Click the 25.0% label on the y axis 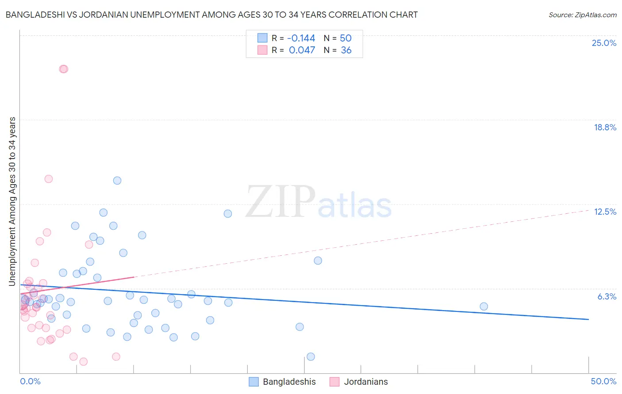click(x=604, y=43)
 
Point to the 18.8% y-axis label click(x=605, y=127)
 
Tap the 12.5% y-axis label click(x=605, y=212)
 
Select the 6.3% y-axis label click(x=607, y=296)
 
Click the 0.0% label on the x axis click(x=30, y=381)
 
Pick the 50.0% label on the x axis click(x=603, y=381)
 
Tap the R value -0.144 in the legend click(x=301, y=38)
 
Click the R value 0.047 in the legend click(x=302, y=50)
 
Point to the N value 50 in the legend click(x=346, y=38)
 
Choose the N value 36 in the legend click(x=346, y=50)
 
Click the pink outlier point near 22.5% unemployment click(x=63, y=69)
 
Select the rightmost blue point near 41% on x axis click(x=484, y=307)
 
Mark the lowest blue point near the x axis click(x=311, y=356)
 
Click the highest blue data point click(x=117, y=180)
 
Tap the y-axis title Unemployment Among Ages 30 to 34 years click(x=12, y=201)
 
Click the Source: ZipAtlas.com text click(x=582, y=15)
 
